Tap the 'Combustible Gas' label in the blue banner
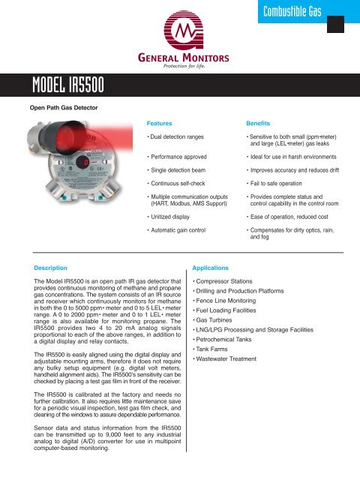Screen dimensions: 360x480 pyautogui.click(x=294, y=11)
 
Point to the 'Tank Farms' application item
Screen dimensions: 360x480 pyautogui.click(x=217, y=348)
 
